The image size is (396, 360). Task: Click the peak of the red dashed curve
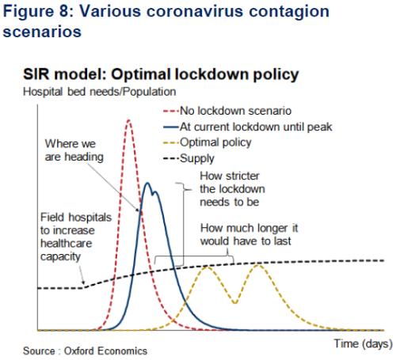(x=128, y=120)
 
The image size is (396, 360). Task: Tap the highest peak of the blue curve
(x=147, y=183)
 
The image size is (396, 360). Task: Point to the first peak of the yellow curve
(x=207, y=267)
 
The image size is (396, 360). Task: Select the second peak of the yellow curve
(x=258, y=264)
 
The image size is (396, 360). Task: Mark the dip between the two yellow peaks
(x=235, y=303)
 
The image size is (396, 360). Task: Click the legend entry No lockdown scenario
(x=227, y=111)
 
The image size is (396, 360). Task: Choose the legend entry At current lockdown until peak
(x=248, y=127)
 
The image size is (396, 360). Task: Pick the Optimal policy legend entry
(x=208, y=142)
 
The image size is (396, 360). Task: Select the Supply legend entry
(x=188, y=158)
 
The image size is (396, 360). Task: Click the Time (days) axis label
(x=364, y=344)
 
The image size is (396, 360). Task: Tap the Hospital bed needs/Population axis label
(x=100, y=92)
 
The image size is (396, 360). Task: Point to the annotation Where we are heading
(x=74, y=150)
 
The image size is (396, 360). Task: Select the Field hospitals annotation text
(x=76, y=237)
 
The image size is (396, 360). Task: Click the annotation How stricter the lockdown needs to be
(x=232, y=189)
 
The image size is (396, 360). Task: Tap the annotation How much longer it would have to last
(x=249, y=234)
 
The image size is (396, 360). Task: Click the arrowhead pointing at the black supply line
(x=84, y=282)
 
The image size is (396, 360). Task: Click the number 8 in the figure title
(x=63, y=11)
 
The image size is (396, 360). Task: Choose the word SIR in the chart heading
(x=36, y=74)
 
